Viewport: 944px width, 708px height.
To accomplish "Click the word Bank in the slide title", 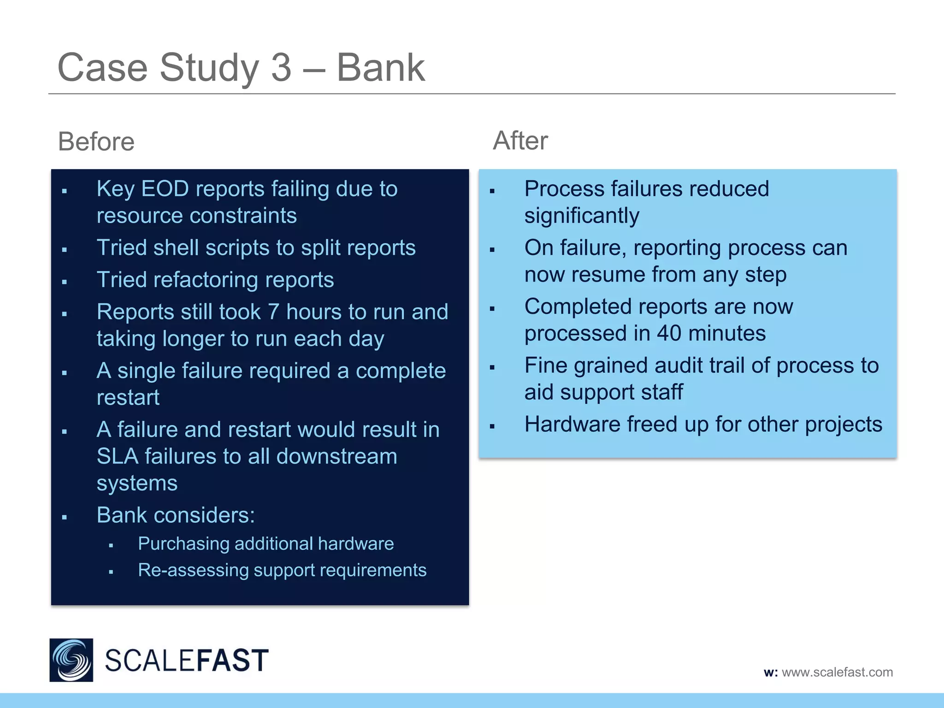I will click(x=380, y=68).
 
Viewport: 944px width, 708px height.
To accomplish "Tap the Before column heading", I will click(x=96, y=142).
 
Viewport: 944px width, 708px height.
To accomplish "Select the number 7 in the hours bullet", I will click(x=273, y=312).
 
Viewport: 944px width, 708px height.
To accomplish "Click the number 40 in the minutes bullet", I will click(x=669, y=333).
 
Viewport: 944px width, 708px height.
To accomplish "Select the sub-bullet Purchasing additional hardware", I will click(x=265, y=544).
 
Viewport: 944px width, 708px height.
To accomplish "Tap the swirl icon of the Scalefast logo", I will click(x=71, y=660).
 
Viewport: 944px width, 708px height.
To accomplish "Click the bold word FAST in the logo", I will click(x=230, y=661).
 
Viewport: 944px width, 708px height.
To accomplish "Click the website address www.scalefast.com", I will click(x=837, y=672).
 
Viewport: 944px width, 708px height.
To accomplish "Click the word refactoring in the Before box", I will click(x=202, y=280).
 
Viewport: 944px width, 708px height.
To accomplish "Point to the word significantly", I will click(x=582, y=216).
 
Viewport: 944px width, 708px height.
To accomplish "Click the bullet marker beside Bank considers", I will click(x=65, y=518).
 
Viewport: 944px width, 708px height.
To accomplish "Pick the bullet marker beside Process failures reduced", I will click(x=492, y=191).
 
